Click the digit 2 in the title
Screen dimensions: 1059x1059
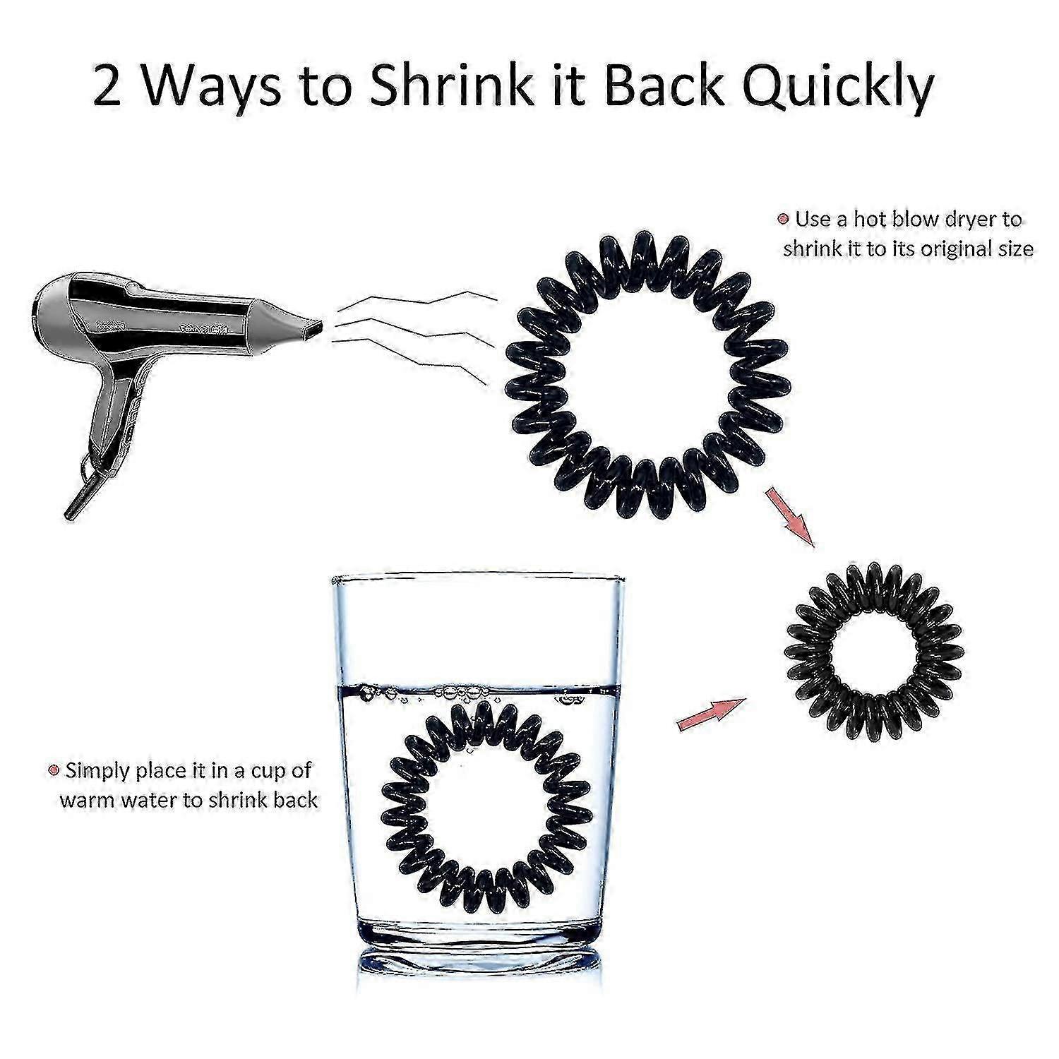click(107, 86)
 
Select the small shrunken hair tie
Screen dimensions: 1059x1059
click(874, 649)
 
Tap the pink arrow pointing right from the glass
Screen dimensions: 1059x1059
click(711, 714)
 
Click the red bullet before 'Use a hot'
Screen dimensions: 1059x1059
click(782, 220)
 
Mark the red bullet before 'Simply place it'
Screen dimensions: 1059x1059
click(52, 770)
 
